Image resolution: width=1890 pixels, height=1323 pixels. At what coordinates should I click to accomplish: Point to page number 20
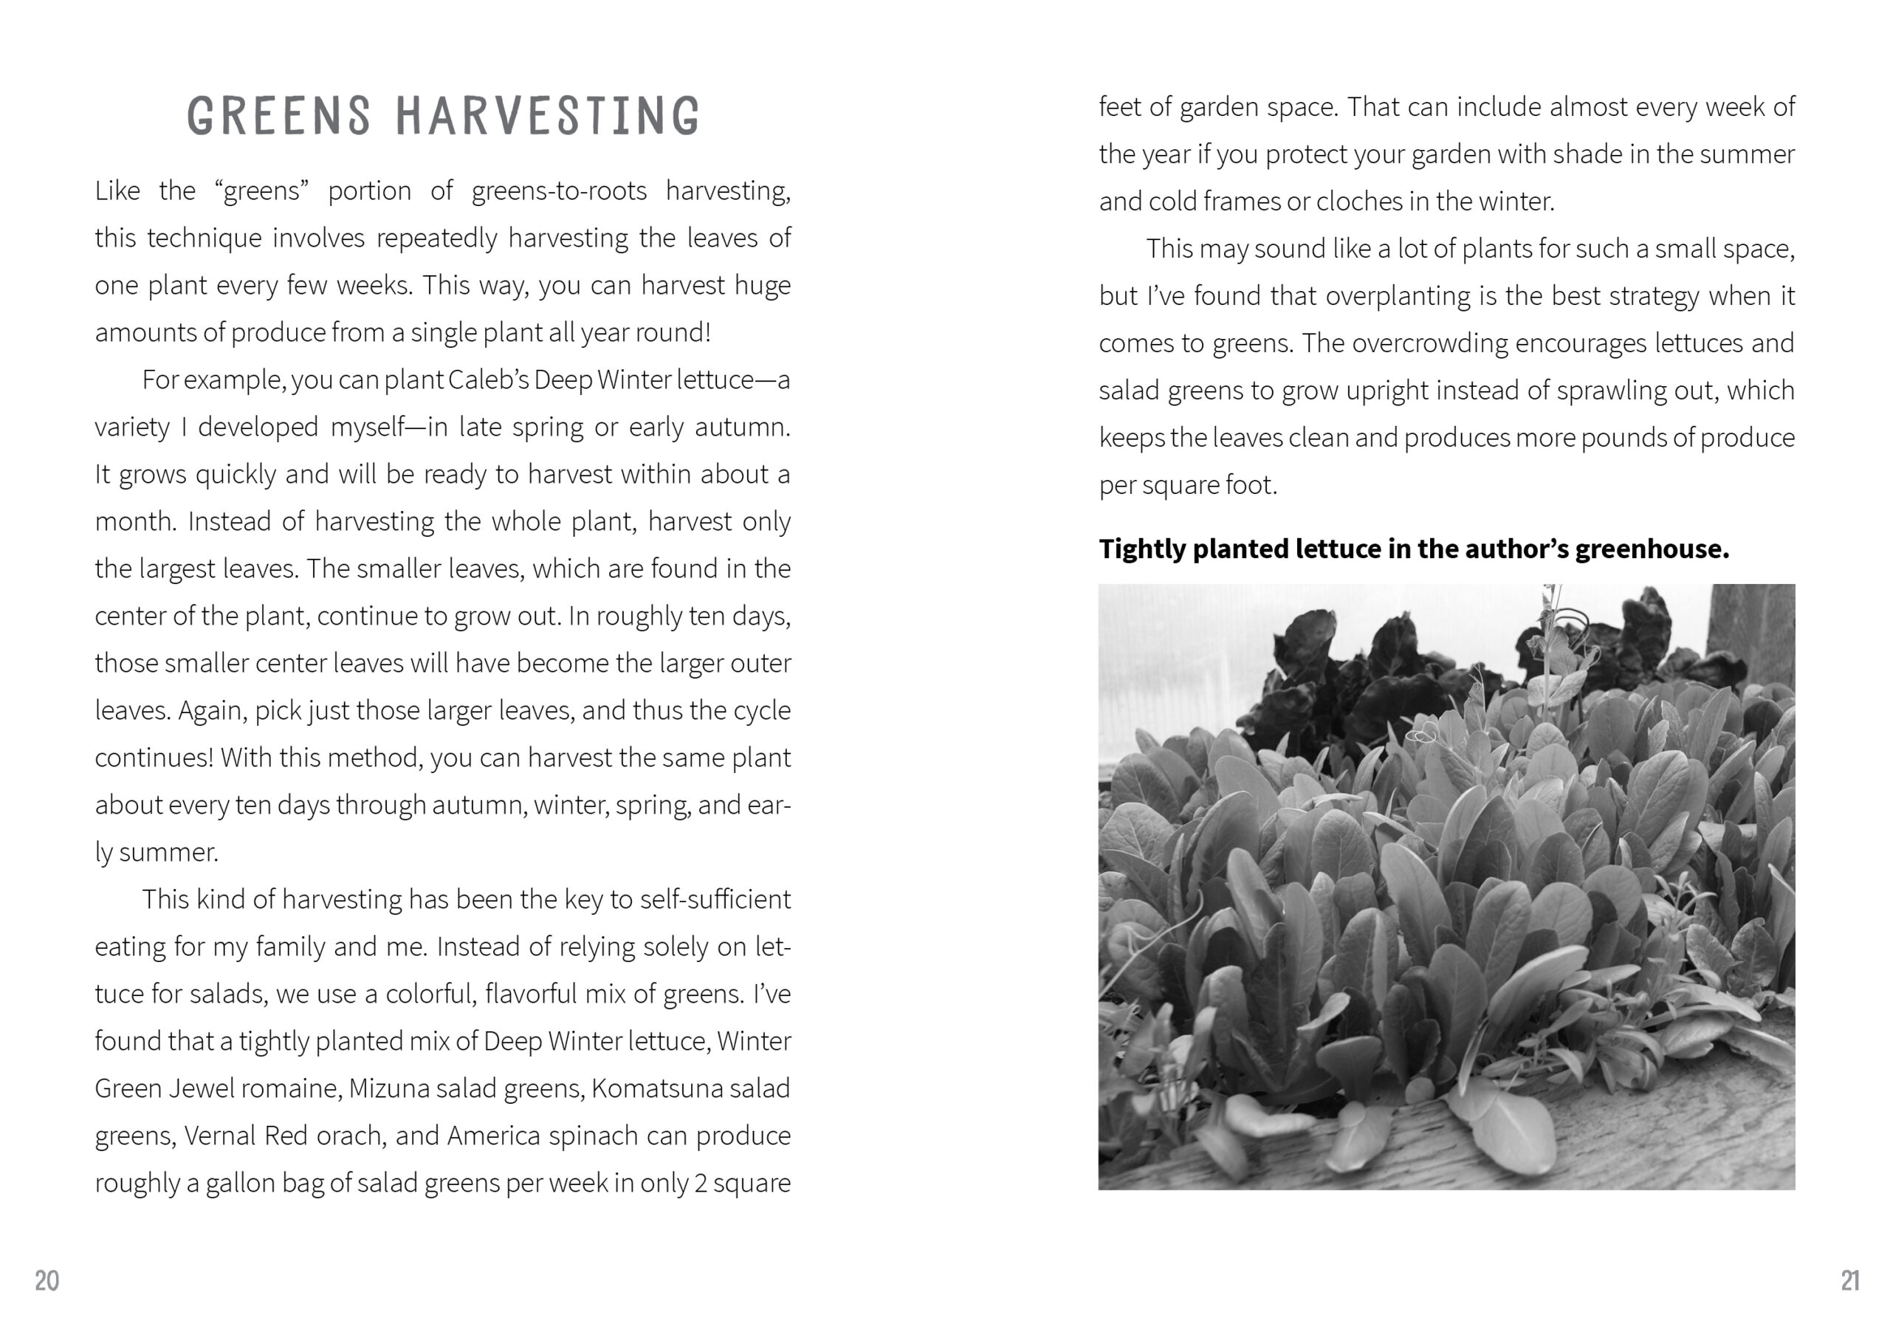[47, 1280]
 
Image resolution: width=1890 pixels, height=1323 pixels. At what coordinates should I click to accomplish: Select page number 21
[1849, 1280]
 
